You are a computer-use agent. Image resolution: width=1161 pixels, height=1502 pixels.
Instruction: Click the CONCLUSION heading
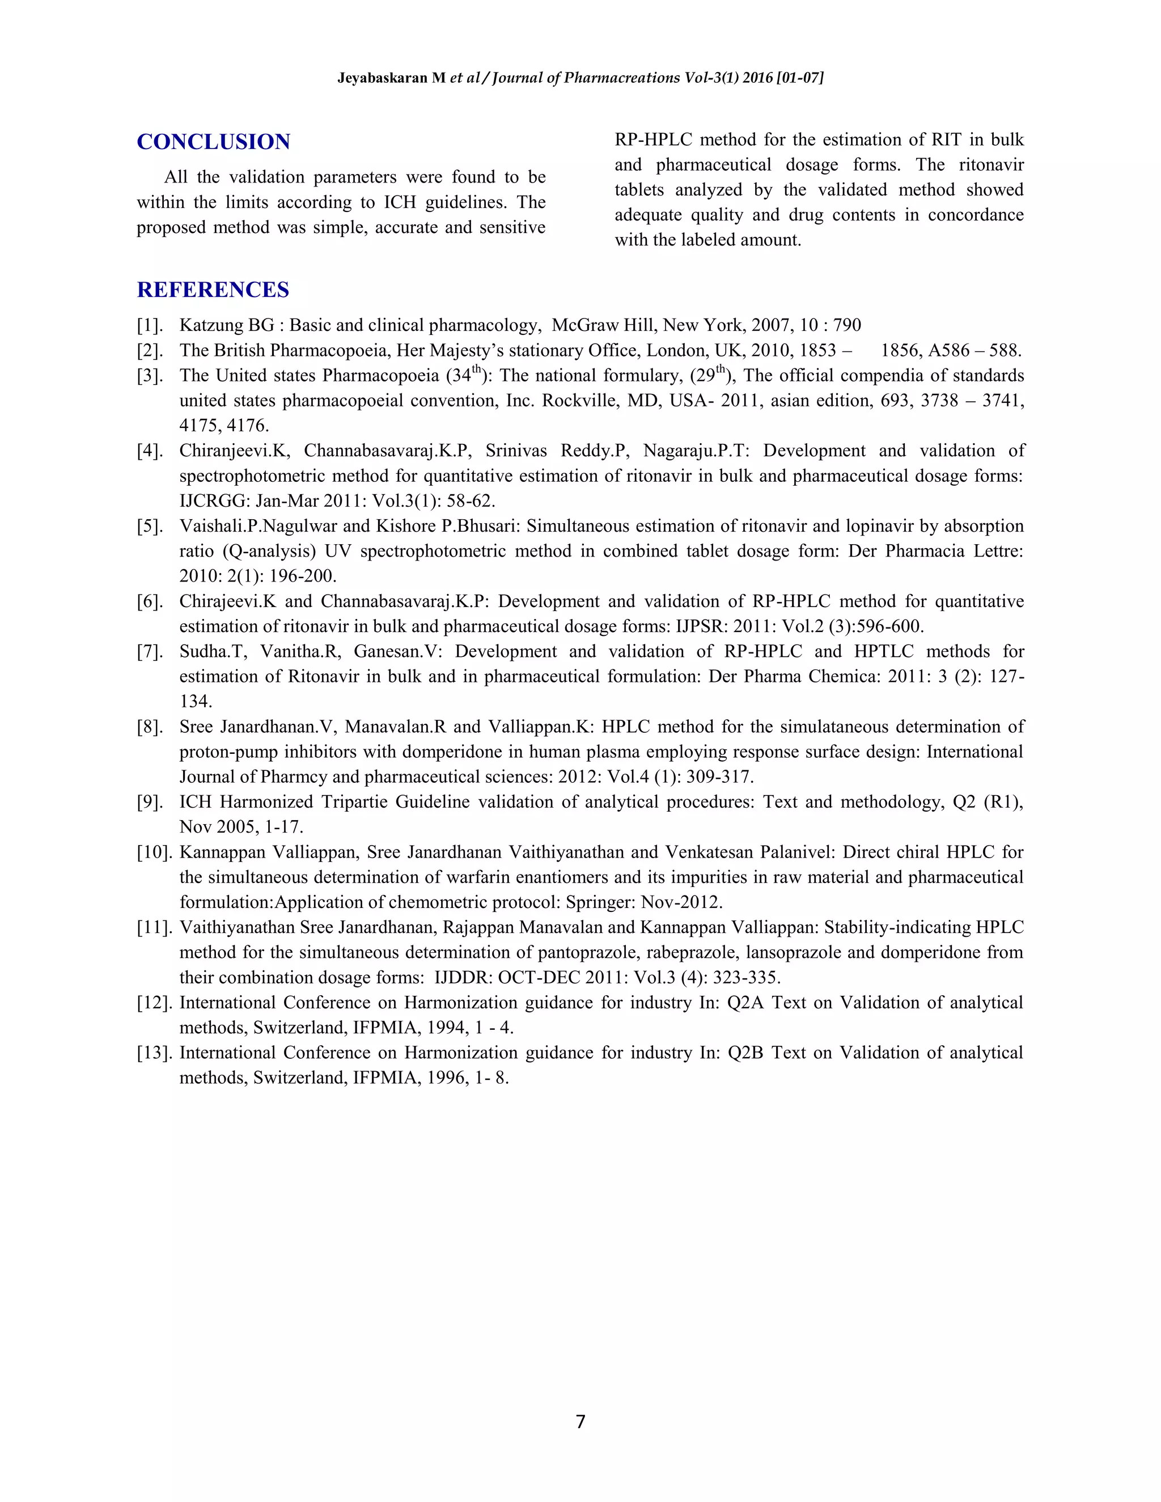coord(213,142)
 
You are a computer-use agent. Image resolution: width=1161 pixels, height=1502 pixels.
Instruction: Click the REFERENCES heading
coord(213,290)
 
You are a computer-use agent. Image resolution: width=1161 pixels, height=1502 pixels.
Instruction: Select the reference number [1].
coord(150,325)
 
